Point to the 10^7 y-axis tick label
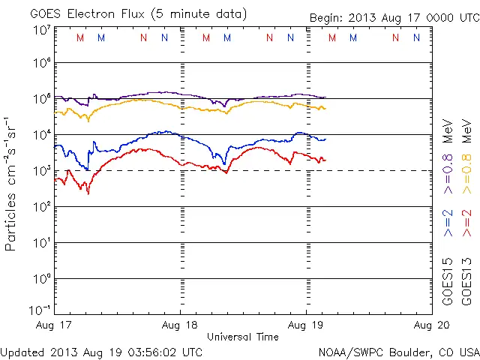(x=42, y=30)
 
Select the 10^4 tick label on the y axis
(x=42, y=134)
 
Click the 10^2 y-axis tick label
(x=42, y=206)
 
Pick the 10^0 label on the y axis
(x=42, y=278)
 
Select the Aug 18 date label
(x=181, y=325)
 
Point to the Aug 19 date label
(x=306, y=325)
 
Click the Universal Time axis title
(x=242, y=337)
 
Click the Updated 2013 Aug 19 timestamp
(x=101, y=351)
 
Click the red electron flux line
(x=247, y=154)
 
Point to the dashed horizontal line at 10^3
(x=375, y=170)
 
